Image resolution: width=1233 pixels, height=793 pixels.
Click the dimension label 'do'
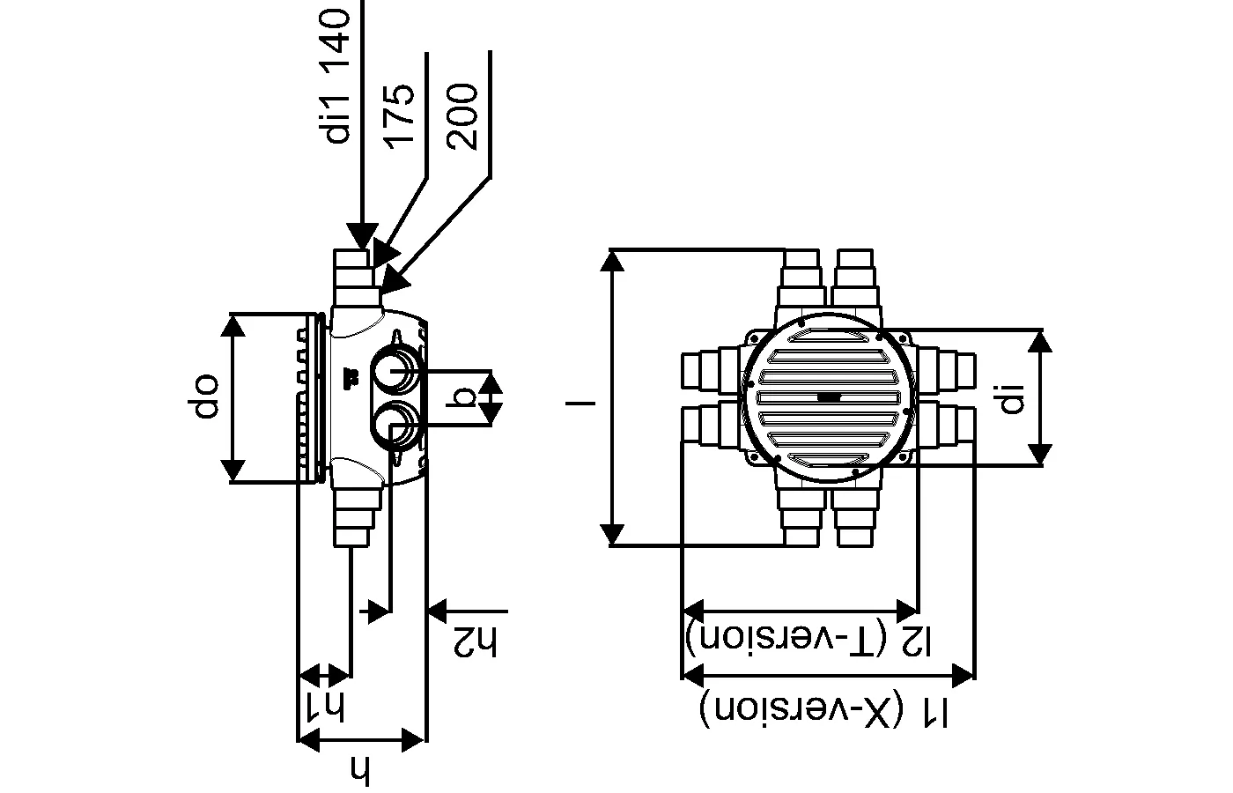tap(203, 396)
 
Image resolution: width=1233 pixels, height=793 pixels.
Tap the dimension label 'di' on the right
tap(1013, 397)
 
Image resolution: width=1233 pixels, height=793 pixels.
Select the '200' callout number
tap(462, 116)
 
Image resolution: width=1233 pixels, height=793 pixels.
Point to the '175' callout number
tap(399, 116)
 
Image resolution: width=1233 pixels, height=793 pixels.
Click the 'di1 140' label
tap(336, 76)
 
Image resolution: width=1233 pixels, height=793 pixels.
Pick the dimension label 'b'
tap(461, 396)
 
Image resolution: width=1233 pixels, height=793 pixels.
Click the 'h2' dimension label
tap(475, 641)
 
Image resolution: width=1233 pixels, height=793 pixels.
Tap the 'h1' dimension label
tap(326, 706)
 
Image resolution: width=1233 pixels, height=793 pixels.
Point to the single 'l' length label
tap(580, 404)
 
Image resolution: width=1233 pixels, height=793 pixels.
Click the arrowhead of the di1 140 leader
tap(362, 236)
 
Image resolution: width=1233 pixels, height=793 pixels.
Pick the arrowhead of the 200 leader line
tap(395, 281)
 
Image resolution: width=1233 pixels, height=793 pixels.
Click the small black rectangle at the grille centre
tap(828, 397)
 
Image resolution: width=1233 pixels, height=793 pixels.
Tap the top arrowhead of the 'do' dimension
tap(233, 326)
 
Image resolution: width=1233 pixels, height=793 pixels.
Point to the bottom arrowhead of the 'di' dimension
tap(1040, 455)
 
